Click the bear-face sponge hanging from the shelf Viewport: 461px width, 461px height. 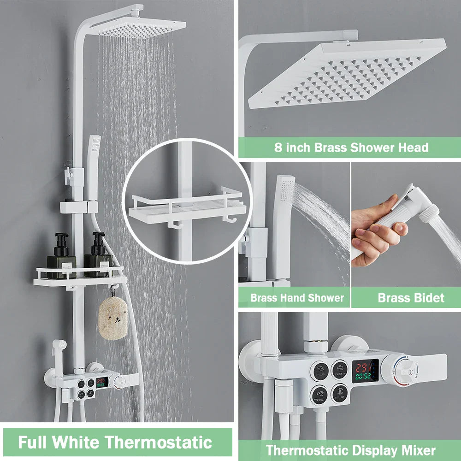click(x=112, y=318)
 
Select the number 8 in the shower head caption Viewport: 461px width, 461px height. click(x=278, y=148)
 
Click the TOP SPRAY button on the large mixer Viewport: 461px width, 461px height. click(x=340, y=370)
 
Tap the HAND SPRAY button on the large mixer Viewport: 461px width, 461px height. click(x=319, y=394)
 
